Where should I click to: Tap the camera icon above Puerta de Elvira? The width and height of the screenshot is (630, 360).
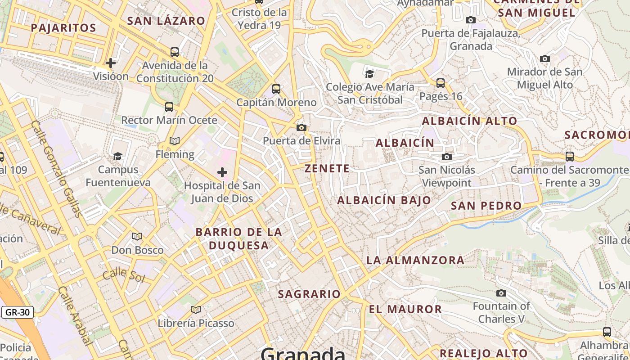point(301,128)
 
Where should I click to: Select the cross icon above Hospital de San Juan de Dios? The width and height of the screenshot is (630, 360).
point(222,172)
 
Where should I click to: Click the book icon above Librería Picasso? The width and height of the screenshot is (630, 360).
point(195,310)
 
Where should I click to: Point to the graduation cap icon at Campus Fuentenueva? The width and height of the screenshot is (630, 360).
point(117,156)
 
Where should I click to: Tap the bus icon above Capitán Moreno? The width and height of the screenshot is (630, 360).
point(276,89)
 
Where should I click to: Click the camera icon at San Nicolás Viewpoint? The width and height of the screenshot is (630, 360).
point(447,157)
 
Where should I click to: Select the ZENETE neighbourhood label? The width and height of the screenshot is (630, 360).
point(327,169)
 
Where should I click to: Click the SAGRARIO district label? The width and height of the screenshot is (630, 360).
point(309,294)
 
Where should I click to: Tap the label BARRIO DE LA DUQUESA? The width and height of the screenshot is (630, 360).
point(238,239)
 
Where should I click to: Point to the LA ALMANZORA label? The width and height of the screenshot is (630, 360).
point(415,260)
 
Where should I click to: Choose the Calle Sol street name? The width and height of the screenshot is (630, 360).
point(124,274)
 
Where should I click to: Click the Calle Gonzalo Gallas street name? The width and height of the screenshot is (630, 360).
point(57,169)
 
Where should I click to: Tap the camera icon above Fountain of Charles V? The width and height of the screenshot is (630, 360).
point(501,293)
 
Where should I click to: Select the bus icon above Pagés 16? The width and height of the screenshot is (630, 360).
point(441,83)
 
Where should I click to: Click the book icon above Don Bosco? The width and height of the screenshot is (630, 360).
point(137,236)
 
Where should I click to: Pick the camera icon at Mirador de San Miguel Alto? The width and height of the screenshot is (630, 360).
point(544,58)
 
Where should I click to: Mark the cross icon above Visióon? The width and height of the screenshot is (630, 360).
point(111,63)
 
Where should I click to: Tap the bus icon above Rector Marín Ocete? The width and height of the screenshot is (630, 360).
point(169,107)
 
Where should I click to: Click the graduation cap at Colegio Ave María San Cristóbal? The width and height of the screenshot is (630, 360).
point(369,74)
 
